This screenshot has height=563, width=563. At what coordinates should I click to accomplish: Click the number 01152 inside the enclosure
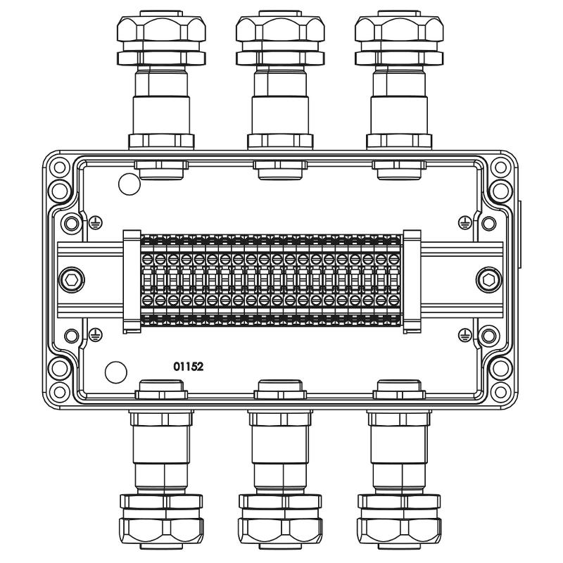188,367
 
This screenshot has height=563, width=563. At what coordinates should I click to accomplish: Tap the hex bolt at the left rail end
72,279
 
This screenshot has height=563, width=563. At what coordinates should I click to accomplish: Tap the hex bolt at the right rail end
488,279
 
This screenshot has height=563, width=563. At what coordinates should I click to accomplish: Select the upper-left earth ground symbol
95,223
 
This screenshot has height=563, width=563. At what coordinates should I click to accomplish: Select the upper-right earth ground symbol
465,223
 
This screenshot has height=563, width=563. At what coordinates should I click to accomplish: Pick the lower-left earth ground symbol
95,335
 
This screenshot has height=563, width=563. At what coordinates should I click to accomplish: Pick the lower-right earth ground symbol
465,335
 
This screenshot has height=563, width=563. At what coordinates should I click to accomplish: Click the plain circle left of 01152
116,372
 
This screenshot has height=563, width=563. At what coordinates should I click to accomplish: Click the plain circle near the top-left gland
129,184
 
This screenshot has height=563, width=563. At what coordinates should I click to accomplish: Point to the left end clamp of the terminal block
132,281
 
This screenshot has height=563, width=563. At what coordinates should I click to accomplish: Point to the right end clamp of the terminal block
412,281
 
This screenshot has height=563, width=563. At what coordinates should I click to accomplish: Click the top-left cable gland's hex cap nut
161,29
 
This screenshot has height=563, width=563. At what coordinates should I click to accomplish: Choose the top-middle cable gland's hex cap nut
280,29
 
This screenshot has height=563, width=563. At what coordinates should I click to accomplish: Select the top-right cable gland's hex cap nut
399,29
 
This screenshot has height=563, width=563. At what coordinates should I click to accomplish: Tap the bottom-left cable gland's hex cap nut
161,531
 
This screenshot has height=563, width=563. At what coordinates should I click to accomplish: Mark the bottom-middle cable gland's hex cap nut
280,531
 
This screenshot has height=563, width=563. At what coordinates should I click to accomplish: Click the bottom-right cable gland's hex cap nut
399,531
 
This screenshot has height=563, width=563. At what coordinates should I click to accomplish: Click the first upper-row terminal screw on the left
147,259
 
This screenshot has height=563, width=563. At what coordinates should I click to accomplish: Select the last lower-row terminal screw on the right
394,300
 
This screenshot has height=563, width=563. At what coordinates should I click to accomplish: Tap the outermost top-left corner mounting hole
60,167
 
